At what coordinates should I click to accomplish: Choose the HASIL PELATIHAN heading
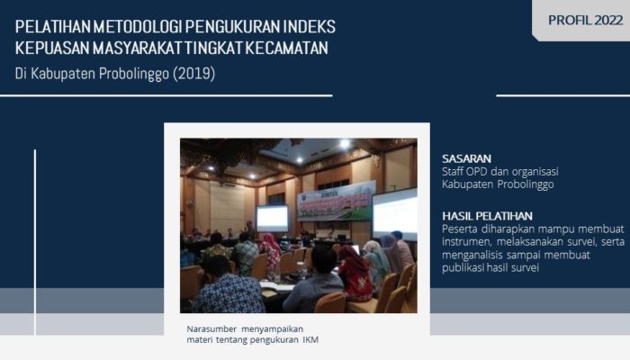click(x=487, y=215)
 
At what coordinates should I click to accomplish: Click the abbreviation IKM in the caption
click(x=309, y=339)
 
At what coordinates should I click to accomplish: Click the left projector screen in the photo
click(x=272, y=218)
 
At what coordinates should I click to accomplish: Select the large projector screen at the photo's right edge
click(x=396, y=213)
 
